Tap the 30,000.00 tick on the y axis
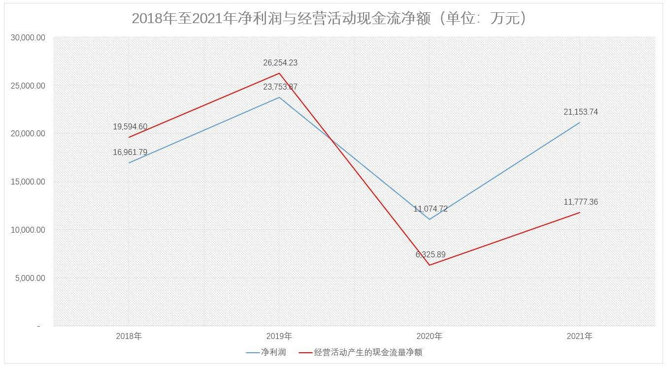[x=28, y=37]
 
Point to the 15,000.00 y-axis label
[x=28, y=182]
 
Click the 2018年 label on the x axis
[x=129, y=336]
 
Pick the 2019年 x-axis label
[x=279, y=336]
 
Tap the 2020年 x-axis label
[x=430, y=336]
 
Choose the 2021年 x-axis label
[x=580, y=336]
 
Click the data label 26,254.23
[x=280, y=63]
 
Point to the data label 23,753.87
[x=280, y=87]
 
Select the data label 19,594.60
[x=130, y=127]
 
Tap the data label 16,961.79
[x=130, y=153]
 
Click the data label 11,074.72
[x=431, y=209]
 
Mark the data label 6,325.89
[x=431, y=255]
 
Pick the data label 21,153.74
[x=581, y=112]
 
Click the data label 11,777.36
[x=581, y=202]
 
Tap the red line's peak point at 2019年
[x=279, y=73]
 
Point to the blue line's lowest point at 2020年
[x=430, y=219]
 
